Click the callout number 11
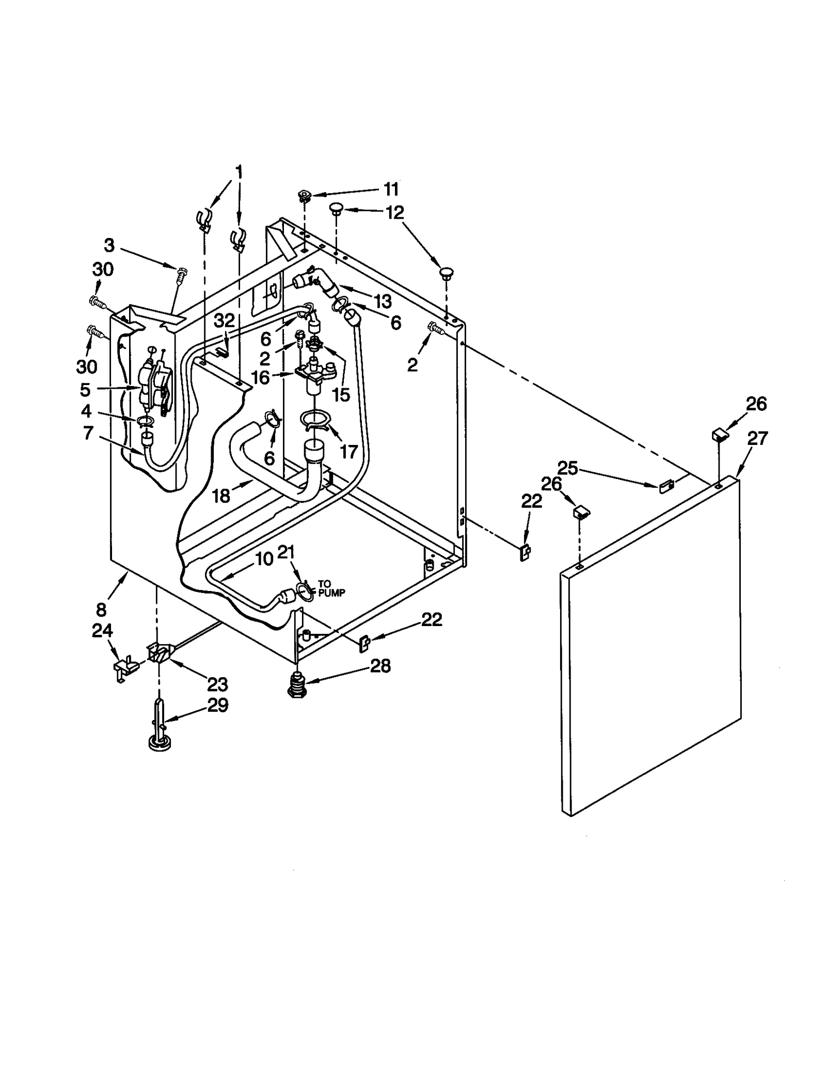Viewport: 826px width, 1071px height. click(x=391, y=189)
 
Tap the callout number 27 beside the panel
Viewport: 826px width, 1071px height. click(x=757, y=438)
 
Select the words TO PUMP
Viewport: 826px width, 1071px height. click(x=330, y=589)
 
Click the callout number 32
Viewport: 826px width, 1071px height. click(x=224, y=321)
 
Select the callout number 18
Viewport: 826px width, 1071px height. click(x=221, y=496)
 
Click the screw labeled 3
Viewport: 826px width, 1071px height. click(x=181, y=274)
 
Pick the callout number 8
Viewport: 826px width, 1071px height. click(x=101, y=610)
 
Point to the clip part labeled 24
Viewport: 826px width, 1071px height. click(x=124, y=669)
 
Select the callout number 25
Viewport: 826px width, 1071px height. click(x=568, y=468)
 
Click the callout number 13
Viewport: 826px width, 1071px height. click(x=383, y=301)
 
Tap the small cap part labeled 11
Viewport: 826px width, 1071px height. click(x=304, y=196)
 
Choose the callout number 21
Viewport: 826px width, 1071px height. click(x=286, y=552)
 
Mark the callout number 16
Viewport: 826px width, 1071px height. click(x=260, y=378)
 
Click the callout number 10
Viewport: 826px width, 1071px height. click(x=264, y=559)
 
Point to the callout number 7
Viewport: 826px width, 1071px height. click(x=88, y=433)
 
